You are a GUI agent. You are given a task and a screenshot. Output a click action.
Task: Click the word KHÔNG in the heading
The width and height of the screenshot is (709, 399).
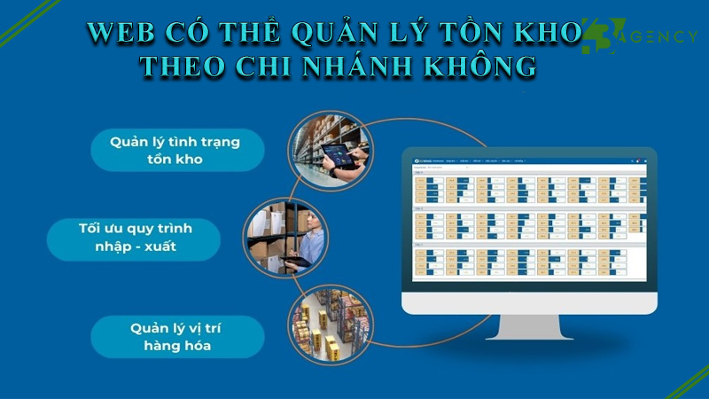(487, 66)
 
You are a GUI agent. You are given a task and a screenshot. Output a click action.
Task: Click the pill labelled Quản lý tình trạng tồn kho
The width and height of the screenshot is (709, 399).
(177, 150)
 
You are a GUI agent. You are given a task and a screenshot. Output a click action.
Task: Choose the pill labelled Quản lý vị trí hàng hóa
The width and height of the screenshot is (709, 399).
(177, 336)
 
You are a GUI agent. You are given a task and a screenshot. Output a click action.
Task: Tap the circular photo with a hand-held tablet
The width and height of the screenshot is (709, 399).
(331, 146)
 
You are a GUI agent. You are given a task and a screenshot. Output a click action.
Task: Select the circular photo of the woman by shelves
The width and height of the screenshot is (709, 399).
(286, 238)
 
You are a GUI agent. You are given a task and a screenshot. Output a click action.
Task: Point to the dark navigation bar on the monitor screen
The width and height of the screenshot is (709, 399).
(529, 160)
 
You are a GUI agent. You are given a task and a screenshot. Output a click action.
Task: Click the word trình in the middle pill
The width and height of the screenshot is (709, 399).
(191, 228)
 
